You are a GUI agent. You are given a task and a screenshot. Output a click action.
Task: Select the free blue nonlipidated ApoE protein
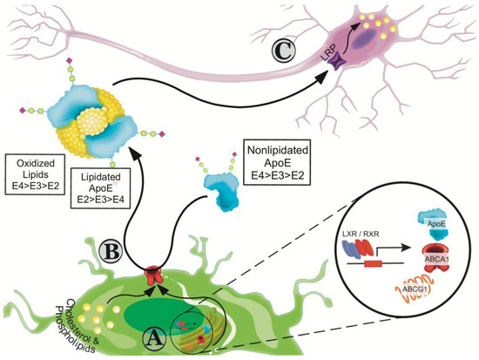point(223,187)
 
